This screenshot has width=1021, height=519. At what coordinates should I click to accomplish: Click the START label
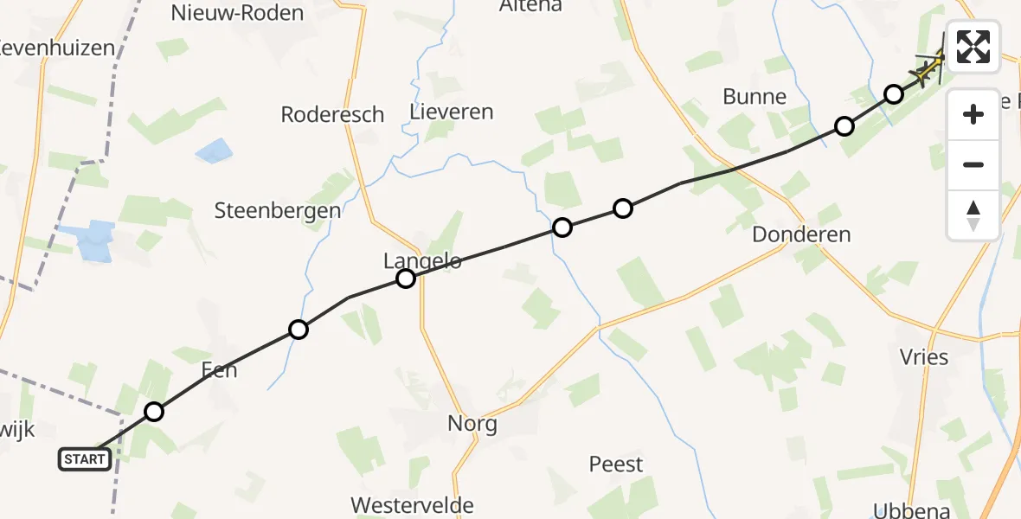85,459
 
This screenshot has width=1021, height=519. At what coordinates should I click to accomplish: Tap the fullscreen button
973,47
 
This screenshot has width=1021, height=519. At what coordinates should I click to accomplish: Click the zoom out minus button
973,164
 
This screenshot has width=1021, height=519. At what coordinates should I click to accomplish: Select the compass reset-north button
973,215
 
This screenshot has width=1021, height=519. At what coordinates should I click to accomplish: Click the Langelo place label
423,259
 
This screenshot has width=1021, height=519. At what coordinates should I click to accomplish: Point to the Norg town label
472,424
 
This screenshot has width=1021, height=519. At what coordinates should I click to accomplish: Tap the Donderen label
801,234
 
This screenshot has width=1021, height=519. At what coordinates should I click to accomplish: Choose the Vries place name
923,356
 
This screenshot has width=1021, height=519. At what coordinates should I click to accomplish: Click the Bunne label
755,96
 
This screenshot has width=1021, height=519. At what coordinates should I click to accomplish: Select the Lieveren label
452,112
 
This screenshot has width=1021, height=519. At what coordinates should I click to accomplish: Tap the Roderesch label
332,114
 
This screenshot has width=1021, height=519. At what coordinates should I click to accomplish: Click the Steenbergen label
278,210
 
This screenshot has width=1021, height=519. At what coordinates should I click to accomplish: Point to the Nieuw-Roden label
237,13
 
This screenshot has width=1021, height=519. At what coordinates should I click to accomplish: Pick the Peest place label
616,464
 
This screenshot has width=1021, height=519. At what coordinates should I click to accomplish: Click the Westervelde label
412,505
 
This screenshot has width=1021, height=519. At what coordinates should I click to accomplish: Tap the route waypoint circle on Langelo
406,279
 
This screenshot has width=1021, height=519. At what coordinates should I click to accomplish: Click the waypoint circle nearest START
154,412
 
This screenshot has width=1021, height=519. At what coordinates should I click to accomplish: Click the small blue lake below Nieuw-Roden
214,152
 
